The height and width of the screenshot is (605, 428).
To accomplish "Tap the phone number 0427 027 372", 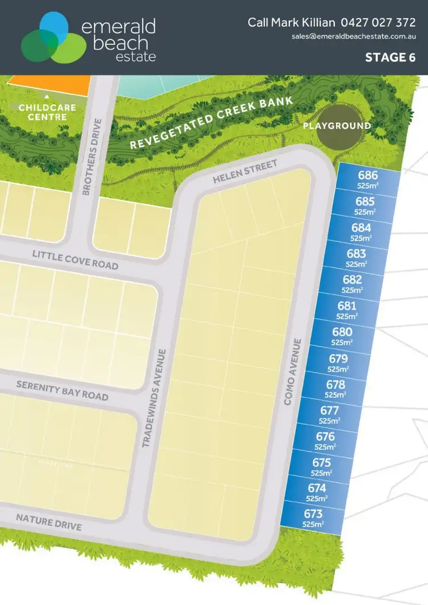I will point(378,22).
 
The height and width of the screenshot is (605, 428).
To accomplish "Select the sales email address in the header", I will point(353,37).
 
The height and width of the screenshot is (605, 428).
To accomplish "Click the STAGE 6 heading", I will point(390,57).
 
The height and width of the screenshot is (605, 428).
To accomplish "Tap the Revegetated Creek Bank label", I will point(211,122).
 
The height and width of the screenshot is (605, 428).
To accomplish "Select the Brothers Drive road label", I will point(92,157).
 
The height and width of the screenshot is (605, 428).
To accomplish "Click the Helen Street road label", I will point(245,172).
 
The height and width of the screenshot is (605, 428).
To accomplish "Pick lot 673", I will point(314,518).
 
